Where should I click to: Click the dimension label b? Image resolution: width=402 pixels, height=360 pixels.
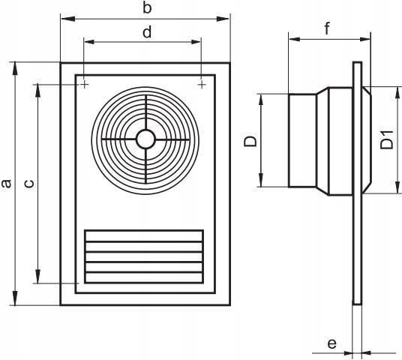147,8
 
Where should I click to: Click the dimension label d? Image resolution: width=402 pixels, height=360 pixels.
147,32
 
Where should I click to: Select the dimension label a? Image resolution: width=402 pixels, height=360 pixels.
6,184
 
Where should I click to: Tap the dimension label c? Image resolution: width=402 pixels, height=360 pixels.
29,184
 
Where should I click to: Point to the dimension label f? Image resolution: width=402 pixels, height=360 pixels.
327,28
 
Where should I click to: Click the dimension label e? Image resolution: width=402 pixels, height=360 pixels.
331,343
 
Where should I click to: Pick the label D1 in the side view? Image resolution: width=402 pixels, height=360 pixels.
386,139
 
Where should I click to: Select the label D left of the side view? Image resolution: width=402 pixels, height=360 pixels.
250,141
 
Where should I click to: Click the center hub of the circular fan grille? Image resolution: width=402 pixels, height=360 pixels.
146,139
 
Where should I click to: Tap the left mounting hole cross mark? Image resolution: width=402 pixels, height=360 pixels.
84,84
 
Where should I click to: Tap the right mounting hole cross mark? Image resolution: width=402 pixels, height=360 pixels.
202,84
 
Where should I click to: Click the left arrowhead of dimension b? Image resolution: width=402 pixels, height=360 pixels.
68,19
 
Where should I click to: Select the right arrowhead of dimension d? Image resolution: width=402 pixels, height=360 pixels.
194,42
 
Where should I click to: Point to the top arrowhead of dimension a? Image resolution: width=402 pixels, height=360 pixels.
16,69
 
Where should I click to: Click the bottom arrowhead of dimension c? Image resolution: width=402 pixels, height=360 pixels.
38,277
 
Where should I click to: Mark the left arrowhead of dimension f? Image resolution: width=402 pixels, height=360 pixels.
295,39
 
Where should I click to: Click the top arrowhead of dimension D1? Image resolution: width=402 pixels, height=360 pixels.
397,92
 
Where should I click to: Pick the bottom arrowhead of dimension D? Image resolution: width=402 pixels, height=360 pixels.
261,181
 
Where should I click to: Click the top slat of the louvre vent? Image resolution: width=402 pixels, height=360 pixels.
144,236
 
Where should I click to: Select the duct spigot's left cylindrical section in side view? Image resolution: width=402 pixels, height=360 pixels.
302,141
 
